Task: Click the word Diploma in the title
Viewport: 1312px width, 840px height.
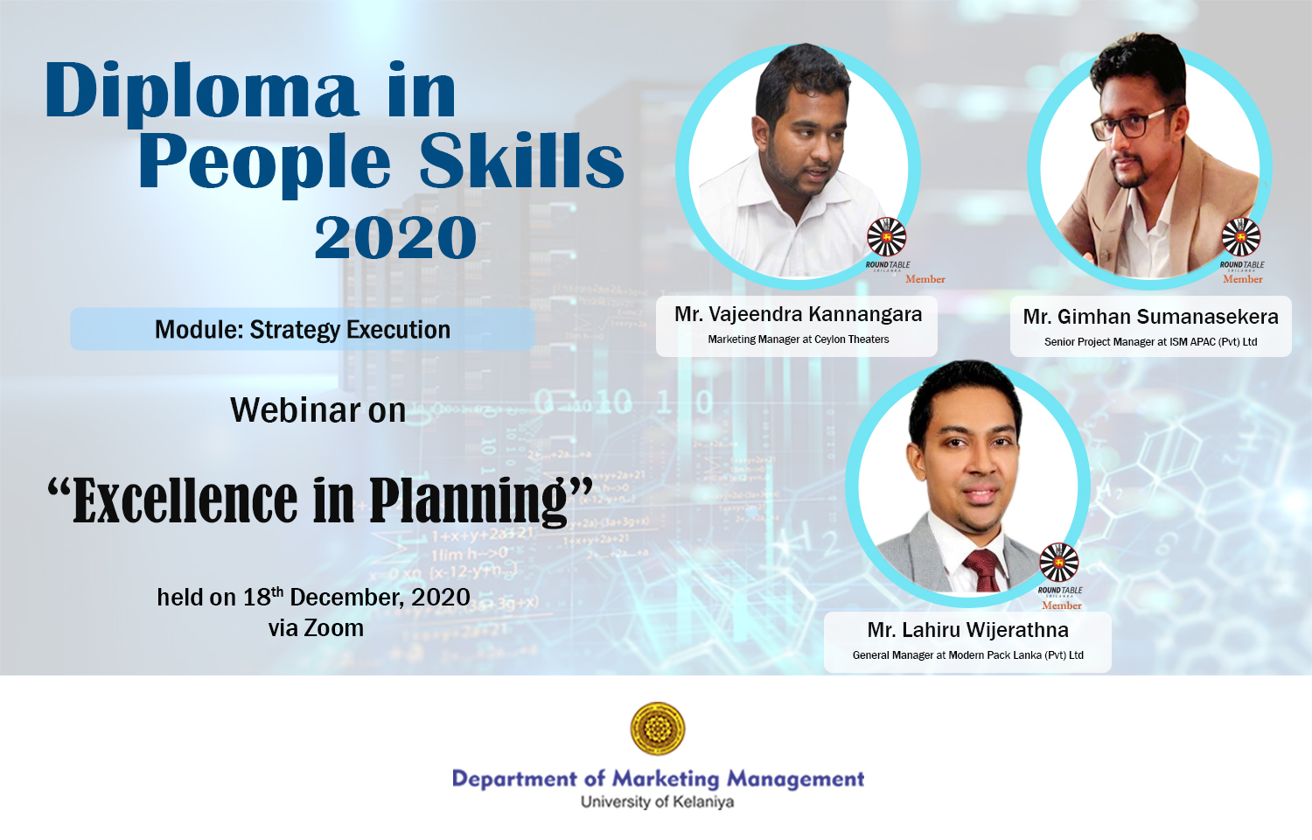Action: click(201, 93)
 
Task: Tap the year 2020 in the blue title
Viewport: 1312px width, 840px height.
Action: click(395, 236)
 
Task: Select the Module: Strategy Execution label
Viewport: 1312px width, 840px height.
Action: click(303, 329)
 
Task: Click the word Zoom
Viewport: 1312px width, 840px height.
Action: click(334, 628)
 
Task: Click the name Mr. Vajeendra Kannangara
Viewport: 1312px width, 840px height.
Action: click(798, 314)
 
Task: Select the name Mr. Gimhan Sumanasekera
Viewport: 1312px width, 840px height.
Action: click(1150, 317)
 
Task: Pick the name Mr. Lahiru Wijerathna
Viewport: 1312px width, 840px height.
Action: click(967, 630)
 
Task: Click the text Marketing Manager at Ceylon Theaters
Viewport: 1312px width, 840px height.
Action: click(798, 339)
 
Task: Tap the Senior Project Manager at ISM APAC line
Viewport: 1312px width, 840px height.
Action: click(1150, 341)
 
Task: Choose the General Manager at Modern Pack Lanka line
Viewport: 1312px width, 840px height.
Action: click(967, 654)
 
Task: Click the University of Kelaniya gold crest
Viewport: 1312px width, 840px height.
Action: click(657, 729)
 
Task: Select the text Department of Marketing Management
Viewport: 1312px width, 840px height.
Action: click(658, 779)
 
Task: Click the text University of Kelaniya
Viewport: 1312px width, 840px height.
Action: click(657, 801)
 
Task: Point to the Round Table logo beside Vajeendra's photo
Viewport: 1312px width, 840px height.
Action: click(887, 236)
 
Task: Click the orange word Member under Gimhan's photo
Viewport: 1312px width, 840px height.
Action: click(1242, 279)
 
